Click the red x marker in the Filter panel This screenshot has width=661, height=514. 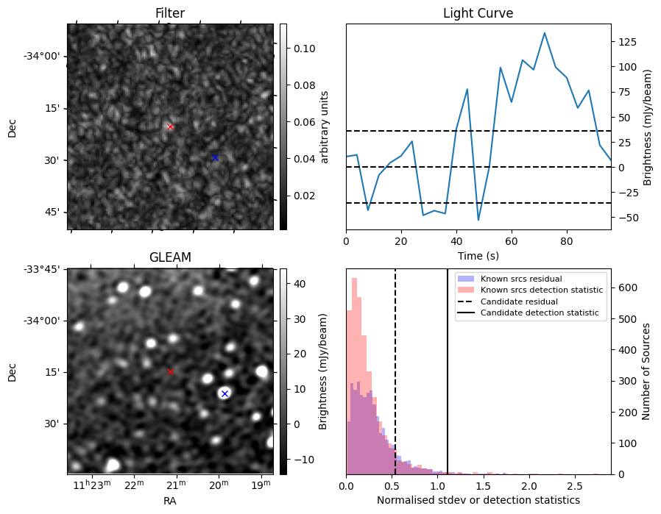point(170,126)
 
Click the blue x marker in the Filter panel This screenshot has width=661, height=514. point(215,157)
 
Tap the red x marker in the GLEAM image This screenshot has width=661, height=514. point(170,371)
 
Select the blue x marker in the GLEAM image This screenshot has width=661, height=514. point(225,393)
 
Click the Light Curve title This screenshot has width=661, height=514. point(478,13)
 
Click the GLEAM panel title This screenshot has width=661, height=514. point(170,257)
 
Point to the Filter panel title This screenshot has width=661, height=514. point(170,13)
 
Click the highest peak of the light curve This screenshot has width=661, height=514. point(544,33)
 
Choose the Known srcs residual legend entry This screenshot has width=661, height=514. point(521,279)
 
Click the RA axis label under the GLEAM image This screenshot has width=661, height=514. point(170,501)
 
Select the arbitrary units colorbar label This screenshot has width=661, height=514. point(324,126)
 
